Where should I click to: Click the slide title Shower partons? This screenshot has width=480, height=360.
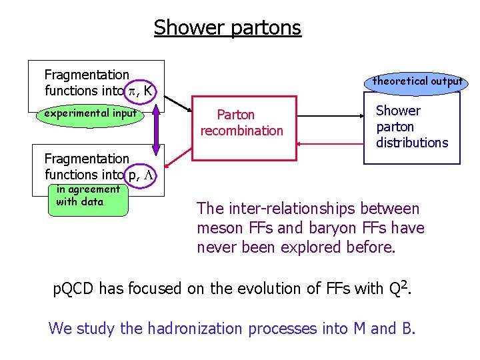227,28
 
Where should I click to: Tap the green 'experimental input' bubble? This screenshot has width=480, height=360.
91,114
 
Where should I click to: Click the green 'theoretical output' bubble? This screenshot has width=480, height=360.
417,81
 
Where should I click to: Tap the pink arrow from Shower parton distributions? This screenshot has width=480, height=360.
330,143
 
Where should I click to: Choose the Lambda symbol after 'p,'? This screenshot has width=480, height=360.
150,175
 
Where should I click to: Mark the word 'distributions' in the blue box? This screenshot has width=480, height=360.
412,143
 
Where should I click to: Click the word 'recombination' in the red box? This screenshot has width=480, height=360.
242,131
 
